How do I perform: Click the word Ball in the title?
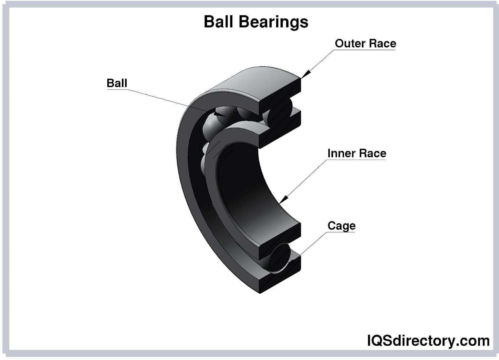click(x=218, y=22)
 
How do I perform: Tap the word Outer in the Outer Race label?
click(x=348, y=43)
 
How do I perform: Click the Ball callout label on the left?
click(x=117, y=83)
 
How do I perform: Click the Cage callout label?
click(x=341, y=226)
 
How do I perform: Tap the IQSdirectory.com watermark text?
click(x=428, y=341)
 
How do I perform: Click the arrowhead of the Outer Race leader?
click(x=305, y=74)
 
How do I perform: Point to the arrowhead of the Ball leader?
click(x=220, y=113)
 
